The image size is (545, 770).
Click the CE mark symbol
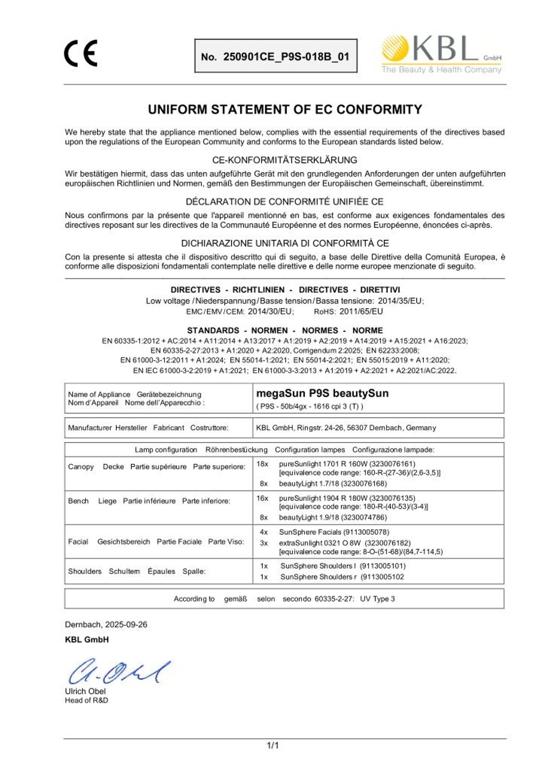(81, 53)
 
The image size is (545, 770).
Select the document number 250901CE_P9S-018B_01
(286, 57)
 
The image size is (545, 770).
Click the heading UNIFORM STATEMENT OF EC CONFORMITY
(285, 110)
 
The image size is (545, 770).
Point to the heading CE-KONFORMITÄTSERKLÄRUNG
(285, 160)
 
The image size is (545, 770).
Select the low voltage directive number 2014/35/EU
(400, 301)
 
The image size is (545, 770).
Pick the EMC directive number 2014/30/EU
(271, 311)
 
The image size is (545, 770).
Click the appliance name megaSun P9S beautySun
(322, 394)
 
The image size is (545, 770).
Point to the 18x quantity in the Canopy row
(262, 464)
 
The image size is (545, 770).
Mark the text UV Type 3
(377, 599)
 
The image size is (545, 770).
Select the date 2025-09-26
(126, 624)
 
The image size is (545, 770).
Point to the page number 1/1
(272, 745)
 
